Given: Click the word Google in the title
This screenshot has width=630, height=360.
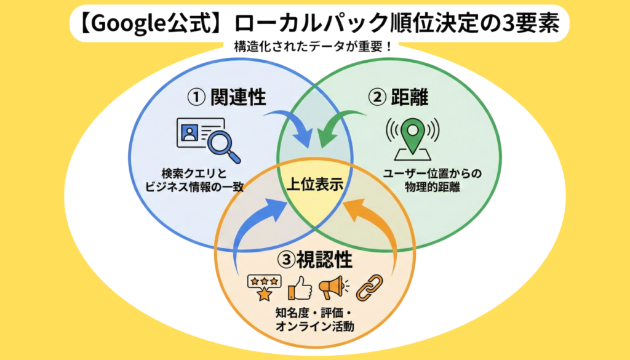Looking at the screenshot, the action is point(129,23).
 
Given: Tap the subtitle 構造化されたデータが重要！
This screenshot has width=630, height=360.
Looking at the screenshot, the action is point(313,47).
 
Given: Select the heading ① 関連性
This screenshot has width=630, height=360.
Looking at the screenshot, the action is point(226,97).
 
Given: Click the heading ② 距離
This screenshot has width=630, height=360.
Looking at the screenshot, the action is point(399,97).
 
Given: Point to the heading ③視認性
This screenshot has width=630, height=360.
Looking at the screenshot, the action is point(315,260).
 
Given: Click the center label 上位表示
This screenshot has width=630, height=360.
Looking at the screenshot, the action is point(315,184).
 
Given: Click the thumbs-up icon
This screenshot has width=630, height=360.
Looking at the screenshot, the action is point(300,287).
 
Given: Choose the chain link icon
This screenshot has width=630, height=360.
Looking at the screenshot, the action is point(370,287).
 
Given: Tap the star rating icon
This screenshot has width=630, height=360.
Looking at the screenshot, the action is point(264,287).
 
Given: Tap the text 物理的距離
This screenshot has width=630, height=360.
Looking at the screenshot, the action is point(433,187).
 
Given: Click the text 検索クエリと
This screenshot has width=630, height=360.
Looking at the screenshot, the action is point(194,173).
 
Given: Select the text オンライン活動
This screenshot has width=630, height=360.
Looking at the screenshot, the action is point(315,326).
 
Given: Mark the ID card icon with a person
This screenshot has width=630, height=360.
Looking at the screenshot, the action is point(199,132).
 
